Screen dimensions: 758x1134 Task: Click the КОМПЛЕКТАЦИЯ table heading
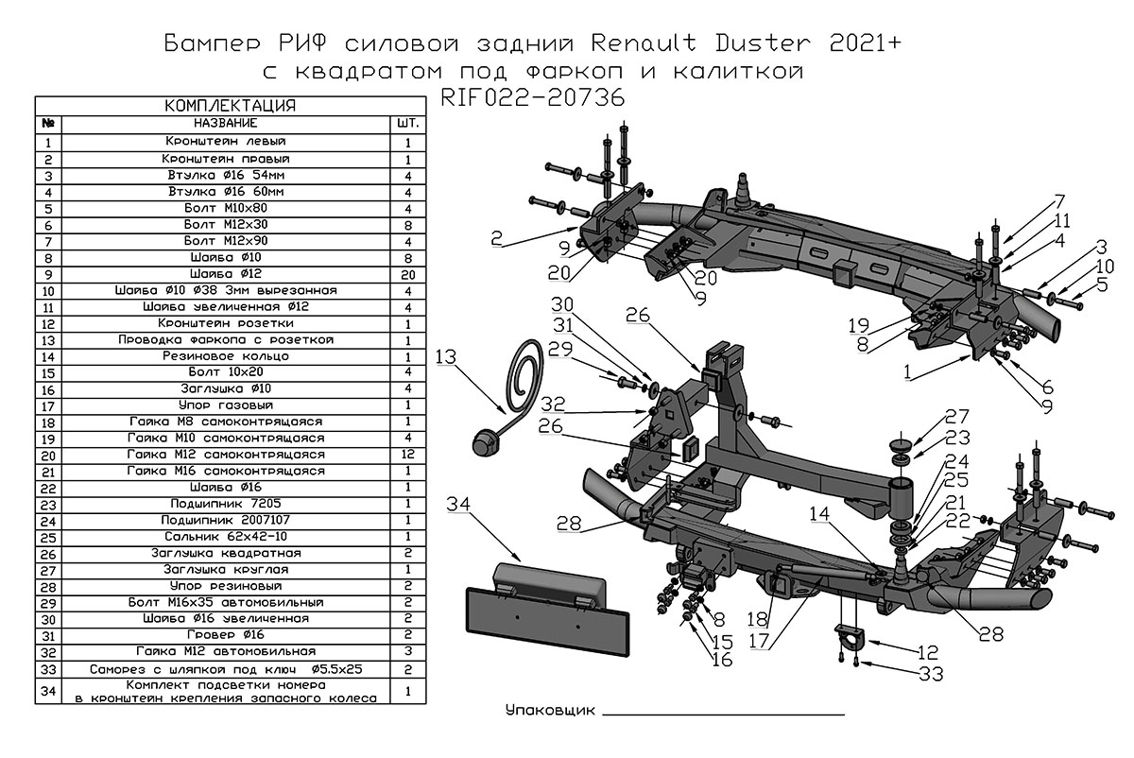click(x=231, y=105)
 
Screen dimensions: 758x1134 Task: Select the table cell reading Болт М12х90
click(x=225, y=240)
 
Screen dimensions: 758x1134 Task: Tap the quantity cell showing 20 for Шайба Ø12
click(x=407, y=273)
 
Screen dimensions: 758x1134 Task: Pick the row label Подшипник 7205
click(x=225, y=504)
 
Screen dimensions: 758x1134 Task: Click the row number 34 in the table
click(x=48, y=691)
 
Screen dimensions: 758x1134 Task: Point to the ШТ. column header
click(x=407, y=124)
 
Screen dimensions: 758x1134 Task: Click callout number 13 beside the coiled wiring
click(x=446, y=356)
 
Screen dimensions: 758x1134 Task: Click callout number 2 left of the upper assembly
click(x=497, y=239)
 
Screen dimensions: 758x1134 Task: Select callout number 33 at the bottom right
click(x=931, y=673)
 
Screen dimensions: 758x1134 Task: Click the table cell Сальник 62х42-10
click(x=225, y=537)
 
